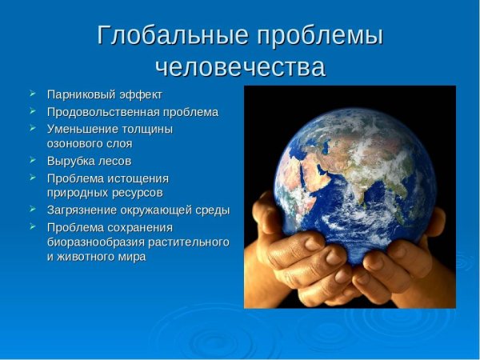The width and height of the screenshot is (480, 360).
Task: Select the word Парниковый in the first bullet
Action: point(78,94)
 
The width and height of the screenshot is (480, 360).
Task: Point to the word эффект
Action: point(137,94)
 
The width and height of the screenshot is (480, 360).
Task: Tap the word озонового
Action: point(74,144)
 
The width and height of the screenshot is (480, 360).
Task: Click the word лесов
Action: point(112,161)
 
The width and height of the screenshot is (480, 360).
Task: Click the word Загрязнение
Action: point(82,210)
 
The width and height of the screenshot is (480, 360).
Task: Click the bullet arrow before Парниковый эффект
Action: point(32,94)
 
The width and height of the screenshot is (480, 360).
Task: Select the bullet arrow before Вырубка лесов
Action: point(32,161)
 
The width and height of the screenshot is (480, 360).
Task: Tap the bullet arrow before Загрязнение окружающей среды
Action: point(32,210)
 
